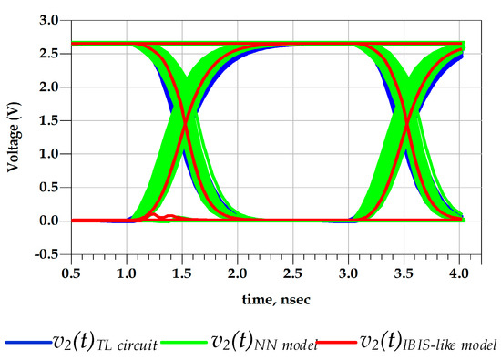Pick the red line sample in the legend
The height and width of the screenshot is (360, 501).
coord(340,342)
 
